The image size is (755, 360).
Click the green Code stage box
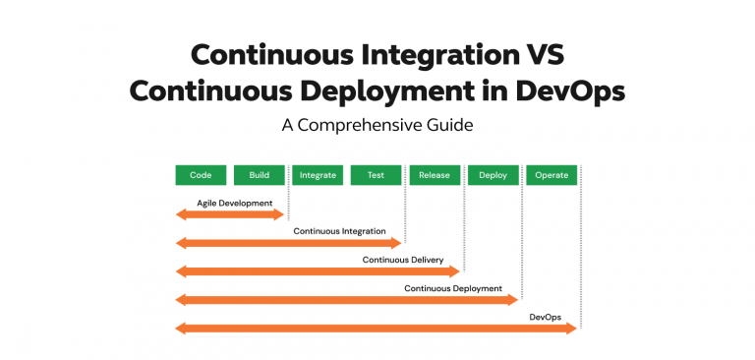tap(201, 175)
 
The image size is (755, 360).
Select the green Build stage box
tap(260, 175)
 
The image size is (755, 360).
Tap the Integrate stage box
tap(318, 175)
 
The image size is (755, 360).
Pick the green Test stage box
tap(376, 175)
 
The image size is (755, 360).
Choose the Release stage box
tap(435, 175)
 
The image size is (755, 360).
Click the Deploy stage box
tap(493, 175)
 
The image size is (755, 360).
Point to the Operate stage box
tap(552, 175)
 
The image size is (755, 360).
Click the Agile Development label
tap(234, 203)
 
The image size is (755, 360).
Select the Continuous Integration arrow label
tap(339, 231)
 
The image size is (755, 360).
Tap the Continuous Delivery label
tap(403, 260)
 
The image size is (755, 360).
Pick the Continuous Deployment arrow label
tap(453, 288)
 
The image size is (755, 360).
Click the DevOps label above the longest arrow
tap(546, 317)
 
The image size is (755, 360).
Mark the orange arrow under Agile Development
tap(230, 214)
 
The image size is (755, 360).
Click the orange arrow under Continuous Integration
tap(289, 243)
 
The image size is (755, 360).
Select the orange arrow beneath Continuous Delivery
tap(318, 271)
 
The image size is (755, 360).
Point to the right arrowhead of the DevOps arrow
tap(570, 329)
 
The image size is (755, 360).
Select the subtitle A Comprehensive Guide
tap(377, 126)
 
